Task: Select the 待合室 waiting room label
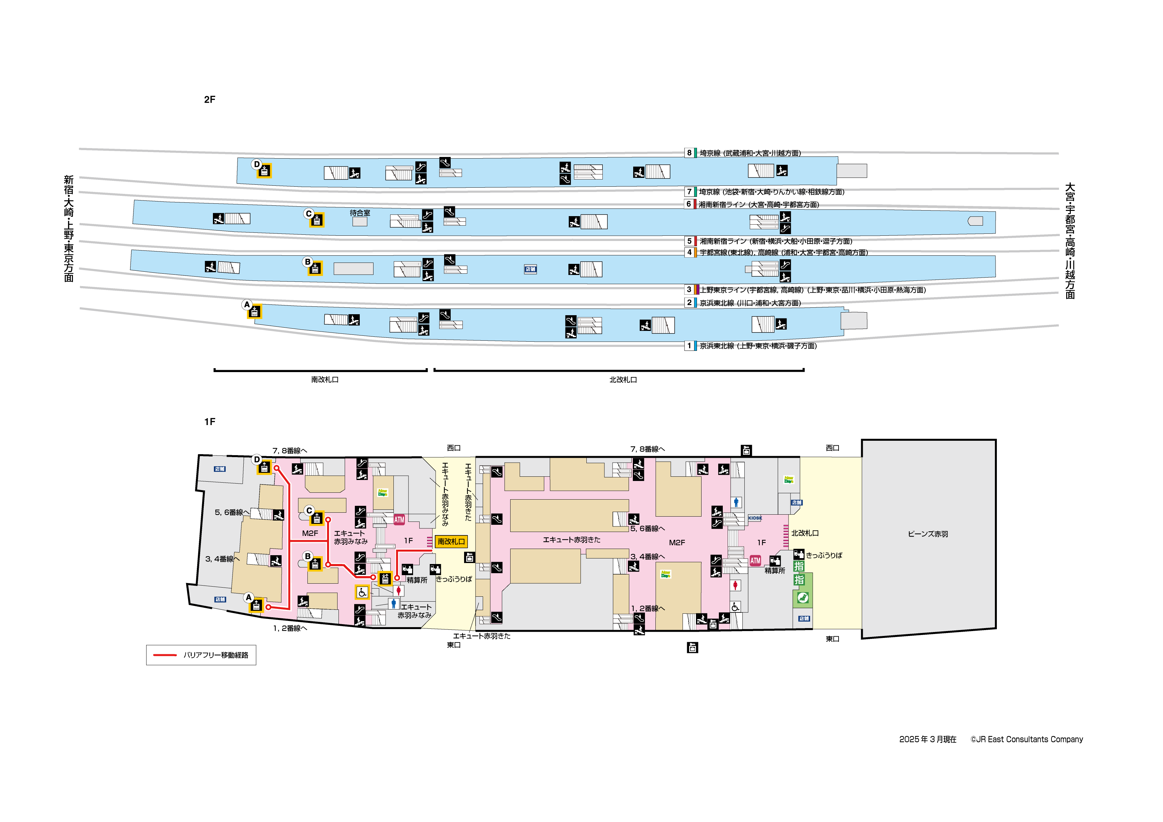[360, 213]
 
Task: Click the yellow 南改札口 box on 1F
[451, 541]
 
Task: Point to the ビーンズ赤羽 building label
[928, 534]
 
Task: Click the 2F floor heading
[210, 100]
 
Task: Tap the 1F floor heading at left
[210, 422]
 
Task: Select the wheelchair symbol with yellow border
[362, 592]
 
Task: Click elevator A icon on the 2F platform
[254, 312]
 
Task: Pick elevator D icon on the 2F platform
[264, 171]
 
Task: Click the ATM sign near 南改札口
[399, 520]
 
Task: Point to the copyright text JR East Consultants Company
[1027, 740]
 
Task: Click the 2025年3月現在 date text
[928, 740]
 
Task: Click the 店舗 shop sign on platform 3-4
[530, 269]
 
